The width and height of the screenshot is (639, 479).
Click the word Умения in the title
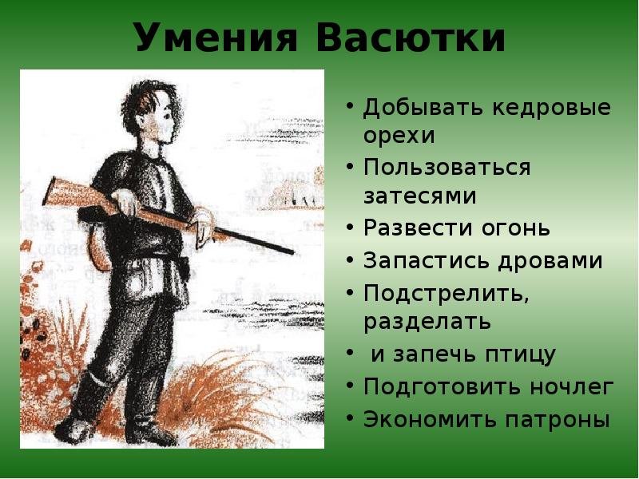[216, 38]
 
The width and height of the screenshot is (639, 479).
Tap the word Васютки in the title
[411, 38]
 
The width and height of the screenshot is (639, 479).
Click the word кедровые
[552, 108]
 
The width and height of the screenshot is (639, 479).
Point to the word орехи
[399, 136]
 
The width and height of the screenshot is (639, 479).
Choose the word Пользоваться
[447, 168]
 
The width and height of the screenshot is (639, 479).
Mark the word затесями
[420, 196]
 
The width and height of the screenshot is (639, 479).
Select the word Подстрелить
[447, 293]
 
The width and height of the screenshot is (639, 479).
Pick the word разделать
[427, 322]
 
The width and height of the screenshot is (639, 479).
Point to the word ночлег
[572, 386]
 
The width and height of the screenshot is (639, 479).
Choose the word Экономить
[430, 419]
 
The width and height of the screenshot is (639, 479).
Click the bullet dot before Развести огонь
[349, 228]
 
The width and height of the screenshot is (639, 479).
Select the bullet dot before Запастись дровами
[349, 260]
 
